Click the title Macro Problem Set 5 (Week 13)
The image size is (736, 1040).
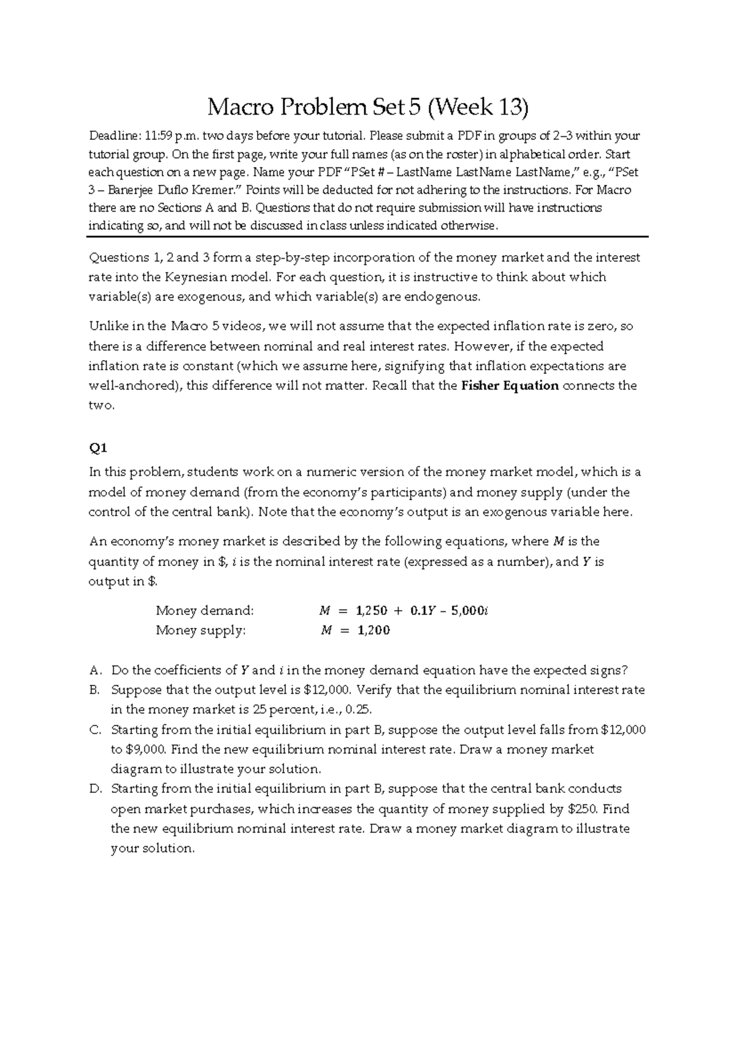point(367,108)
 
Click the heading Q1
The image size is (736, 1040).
point(98,448)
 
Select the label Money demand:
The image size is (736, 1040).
point(204,611)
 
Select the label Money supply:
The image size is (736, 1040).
point(201,630)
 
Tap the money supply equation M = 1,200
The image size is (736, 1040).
point(355,630)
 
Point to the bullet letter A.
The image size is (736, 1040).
point(94,670)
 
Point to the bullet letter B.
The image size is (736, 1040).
point(94,690)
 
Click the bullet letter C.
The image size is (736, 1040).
point(94,730)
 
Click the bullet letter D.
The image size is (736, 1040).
point(94,789)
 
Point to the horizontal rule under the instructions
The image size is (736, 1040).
point(367,236)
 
